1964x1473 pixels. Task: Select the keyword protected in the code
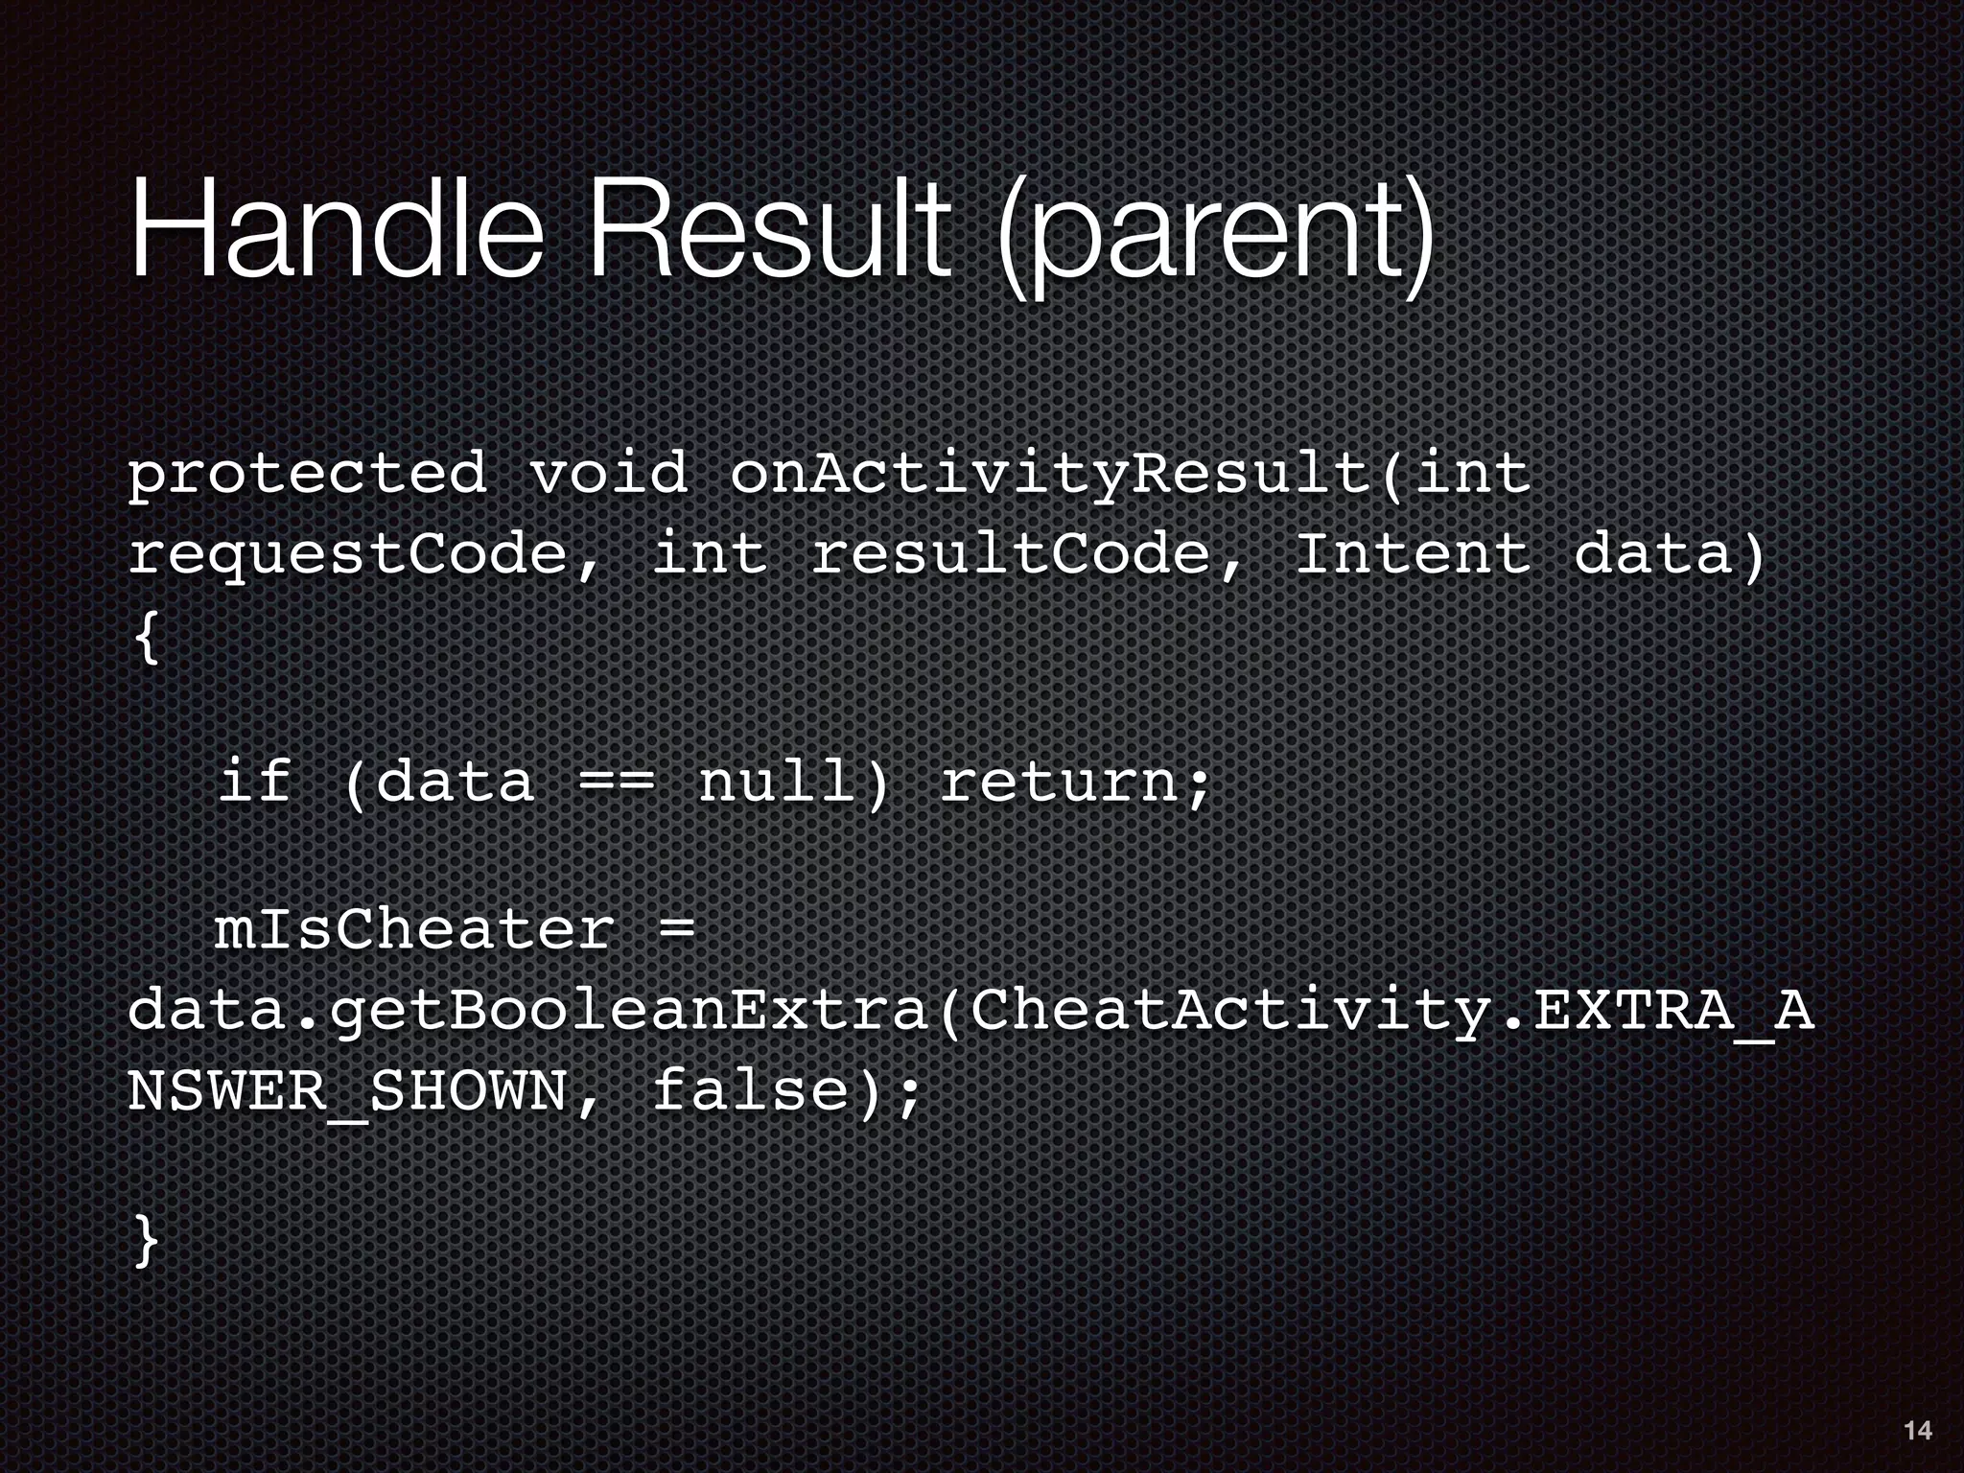point(307,475)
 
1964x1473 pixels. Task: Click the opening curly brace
point(146,637)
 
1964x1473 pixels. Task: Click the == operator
point(617,782)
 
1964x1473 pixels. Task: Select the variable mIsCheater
point(413,929)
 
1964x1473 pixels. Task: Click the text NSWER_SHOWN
point(348,1092)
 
